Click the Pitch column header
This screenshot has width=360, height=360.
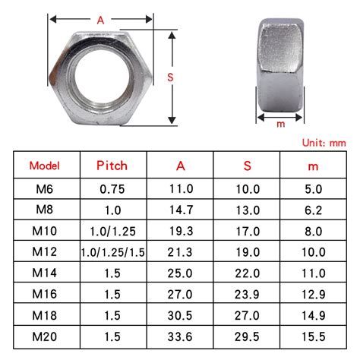point(112,166)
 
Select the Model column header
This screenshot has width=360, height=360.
point(44,166)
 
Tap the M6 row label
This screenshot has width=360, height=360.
point(44,188)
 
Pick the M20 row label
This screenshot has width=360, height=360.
point(44,336)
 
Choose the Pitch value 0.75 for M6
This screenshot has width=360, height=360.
point(112,188)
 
